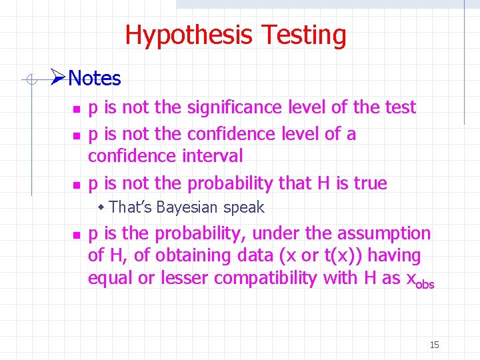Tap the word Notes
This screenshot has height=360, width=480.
pyautogui.click(x=94, y=79)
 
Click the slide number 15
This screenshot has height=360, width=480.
pyautogui.click(x=434, y=345)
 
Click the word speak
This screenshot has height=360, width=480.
pyautogui.click(x=244, y=207)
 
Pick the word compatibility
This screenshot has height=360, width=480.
pyautogui.click(x=257, y=278)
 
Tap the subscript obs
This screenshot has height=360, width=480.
pyautogui.click(x=425, y=284)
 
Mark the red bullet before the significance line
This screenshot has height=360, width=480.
pyautogui.click(x=77, y=108)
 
